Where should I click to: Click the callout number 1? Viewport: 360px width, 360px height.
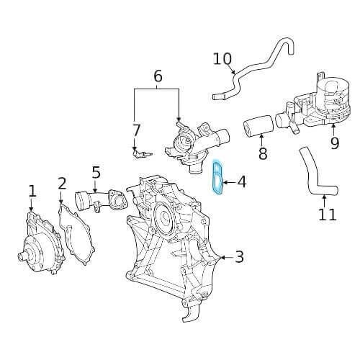tap(32, 191)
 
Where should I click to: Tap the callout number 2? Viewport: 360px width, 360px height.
tap(62, 184)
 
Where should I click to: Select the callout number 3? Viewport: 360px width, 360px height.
tap(240, 256)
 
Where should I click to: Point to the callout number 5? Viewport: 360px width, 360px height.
tap(96, 173)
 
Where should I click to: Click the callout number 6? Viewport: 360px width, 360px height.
tap(158, 76)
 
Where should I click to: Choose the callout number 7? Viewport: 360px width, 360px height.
tap(136, 130)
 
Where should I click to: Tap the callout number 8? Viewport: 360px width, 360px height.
tap(262, 153)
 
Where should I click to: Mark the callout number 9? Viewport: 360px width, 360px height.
tap(334, 143)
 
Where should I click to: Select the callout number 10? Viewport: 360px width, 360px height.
tap(222, 58)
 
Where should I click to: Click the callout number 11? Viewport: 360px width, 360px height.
tap(327, 214)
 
